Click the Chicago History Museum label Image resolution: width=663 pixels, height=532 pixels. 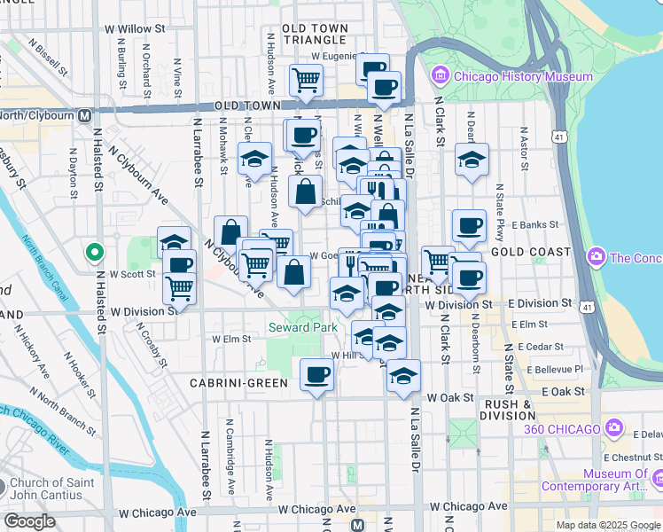[523, 76]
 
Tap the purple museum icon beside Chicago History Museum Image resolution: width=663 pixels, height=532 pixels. [440, 76]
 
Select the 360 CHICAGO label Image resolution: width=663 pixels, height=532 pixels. [562, 430]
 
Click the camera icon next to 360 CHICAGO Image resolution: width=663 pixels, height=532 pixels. [614, 430]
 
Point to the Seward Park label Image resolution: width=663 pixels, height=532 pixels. [303, 328]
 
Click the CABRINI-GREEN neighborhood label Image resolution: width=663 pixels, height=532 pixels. [238, 383]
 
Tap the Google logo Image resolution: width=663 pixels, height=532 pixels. [29, 521]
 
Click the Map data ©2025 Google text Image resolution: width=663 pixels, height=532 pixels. [608, 525]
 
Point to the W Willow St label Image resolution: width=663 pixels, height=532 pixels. [135, 29]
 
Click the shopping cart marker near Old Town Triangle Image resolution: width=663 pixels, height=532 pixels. [305, 80]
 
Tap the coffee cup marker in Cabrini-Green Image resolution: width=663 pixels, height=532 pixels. [316, 374]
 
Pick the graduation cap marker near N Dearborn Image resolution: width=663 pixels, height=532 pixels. [472, 160]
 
